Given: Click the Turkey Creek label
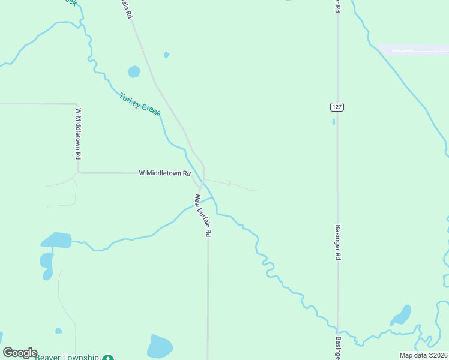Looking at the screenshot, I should point(140,105).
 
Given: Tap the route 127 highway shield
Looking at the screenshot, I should point(337,106).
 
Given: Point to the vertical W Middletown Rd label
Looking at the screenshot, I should point(78,133).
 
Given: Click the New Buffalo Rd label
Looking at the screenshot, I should point(203,215).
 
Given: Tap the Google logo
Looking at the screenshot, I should point(20,353).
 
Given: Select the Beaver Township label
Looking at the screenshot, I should point(67,357).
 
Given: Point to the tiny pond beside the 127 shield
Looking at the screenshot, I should point(334,121).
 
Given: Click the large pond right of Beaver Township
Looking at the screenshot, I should point(160,346).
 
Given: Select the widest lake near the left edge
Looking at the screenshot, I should point(56,240).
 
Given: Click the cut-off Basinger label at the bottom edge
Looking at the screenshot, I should point(338,349).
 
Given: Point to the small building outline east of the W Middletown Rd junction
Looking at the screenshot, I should point(228,182).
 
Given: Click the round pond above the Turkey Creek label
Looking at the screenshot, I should point(134,72).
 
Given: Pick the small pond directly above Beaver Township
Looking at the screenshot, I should point(58,330).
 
